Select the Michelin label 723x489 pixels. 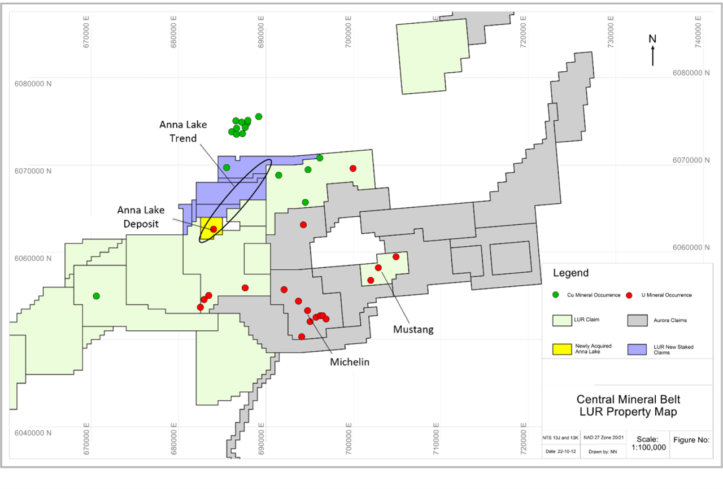click(350, 362)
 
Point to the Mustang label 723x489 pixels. click(414, 329)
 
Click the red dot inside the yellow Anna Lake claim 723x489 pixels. click(214, 229)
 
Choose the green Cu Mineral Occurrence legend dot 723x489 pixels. click(556, 295)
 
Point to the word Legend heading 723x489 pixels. click(570, 273)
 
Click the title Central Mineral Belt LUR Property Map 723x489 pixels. click(624, 405)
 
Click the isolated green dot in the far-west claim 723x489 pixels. click(96, 296)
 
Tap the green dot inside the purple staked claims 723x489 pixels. click(227, 167)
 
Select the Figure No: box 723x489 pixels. click(691, 439)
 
